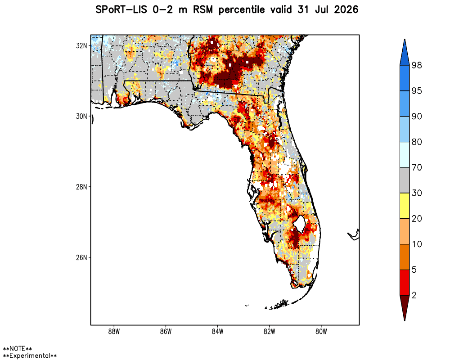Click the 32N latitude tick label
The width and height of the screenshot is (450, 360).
point(81,45)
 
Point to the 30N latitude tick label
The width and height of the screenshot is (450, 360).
point(81,116)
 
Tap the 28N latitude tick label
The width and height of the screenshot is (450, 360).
point(81,187)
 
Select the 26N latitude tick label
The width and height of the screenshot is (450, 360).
point(81,257)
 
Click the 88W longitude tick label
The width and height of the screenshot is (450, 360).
point(114,332)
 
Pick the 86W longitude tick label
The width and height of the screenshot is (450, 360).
point(166,332)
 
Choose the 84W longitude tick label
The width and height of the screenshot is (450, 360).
point(217,332)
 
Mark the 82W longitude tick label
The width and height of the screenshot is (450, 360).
point(270,332)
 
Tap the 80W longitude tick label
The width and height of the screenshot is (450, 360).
point(321,332)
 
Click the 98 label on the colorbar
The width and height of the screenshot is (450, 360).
point(417,65)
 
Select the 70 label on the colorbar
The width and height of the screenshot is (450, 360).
point(417,167)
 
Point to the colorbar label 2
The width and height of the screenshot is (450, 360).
point(414,295)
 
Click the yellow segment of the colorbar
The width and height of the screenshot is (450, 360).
point(405,206)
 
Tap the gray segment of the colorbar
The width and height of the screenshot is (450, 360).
point(405,180)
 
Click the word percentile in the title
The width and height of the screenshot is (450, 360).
point(242,10)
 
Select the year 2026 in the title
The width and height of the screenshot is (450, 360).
point(346,10)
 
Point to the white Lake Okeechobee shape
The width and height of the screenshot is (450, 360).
point(299,223)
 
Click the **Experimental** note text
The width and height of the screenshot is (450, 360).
point(30,355)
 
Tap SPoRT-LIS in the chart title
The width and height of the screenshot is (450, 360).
point(121,10)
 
